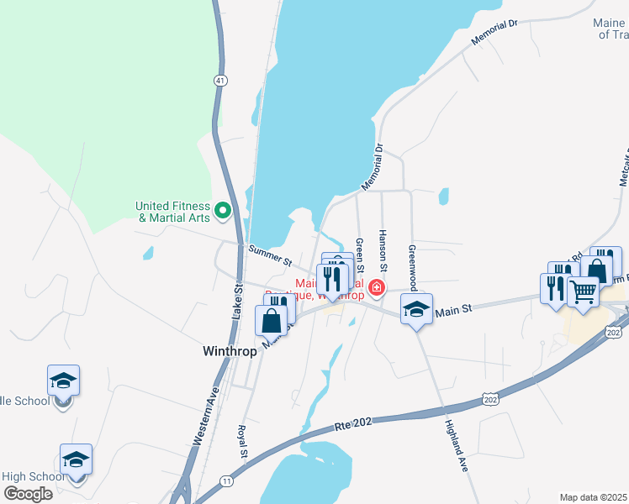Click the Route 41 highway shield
coord(219,81)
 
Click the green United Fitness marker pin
coord(223,210)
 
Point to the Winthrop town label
coord(230,352)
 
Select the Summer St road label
coord(269,251)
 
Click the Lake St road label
coord(237,301)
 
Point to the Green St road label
coord(359,255)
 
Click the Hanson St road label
coord(383,250)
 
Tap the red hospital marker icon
coord(376,290)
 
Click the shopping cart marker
coord(583,293)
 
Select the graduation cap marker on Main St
coord(416,309)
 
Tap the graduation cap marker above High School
coord(76,459)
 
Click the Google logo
coord(28,493)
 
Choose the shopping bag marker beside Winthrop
coord(271,321)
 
